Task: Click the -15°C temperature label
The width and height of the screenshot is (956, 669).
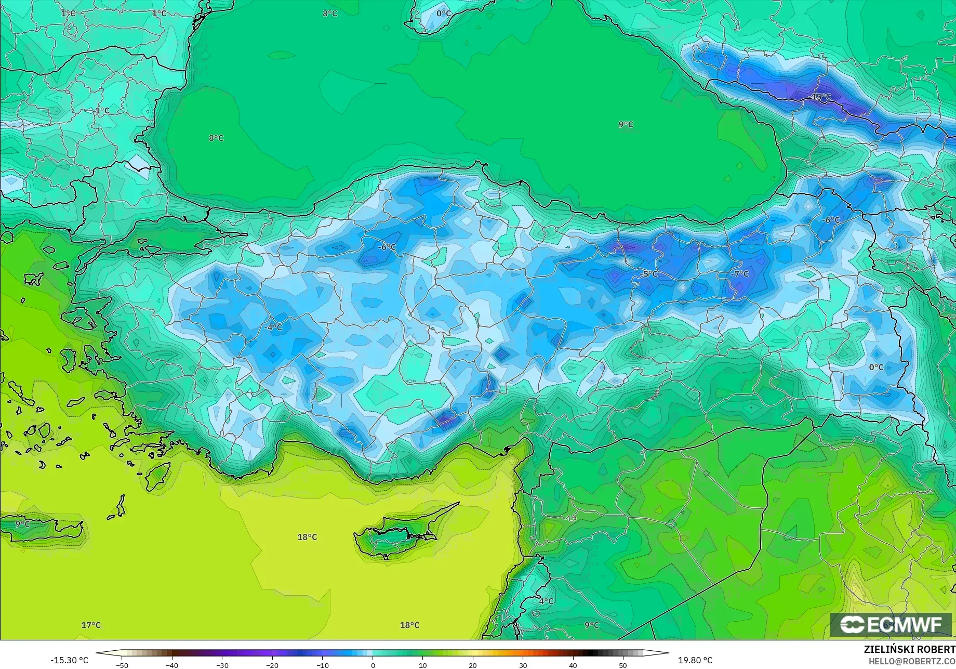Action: click(820, 97)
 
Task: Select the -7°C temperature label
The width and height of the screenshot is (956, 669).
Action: click(740, 274)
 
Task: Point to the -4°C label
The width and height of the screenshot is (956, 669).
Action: click(273, 327)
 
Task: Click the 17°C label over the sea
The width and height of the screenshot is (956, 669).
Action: click(91, 625)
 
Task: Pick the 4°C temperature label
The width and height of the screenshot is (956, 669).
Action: click(546, 601)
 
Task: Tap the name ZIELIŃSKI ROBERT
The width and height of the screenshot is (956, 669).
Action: click(909, 649)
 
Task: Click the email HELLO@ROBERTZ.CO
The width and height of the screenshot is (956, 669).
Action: click(912, 661)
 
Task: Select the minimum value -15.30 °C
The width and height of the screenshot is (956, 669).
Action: click(69, 660)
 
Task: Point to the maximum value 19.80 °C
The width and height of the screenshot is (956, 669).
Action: click(695, 660)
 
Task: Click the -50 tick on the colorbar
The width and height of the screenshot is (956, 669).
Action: click(122, 665)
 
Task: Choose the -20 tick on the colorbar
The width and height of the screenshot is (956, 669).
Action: click(272, 665)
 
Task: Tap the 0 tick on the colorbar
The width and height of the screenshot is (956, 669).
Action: click(373, 665)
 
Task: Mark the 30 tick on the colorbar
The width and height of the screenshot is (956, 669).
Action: click(523, 665)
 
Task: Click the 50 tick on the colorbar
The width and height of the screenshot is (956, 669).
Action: click(623, 665)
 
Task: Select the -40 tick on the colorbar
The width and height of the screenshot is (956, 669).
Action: click(172, 665)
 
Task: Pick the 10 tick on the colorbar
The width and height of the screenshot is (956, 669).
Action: click(422, 665)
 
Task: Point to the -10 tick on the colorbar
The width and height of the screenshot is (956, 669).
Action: click(322, 665)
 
